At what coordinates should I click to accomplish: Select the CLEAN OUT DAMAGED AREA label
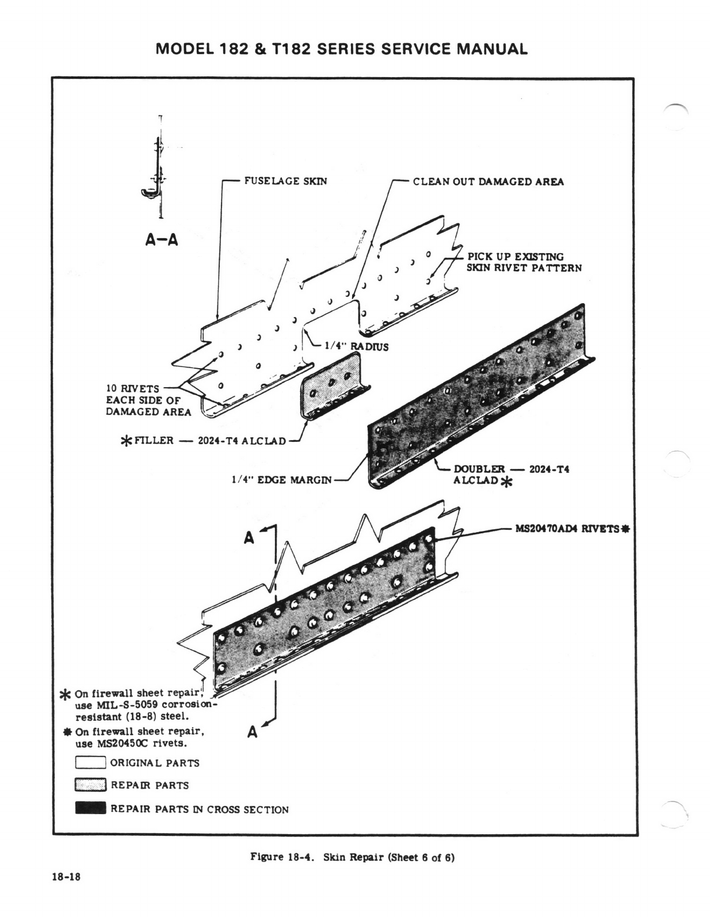tap(488, 182)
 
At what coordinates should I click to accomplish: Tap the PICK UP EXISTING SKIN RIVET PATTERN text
tap(524, 262)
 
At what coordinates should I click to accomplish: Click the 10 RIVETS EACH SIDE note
tap(148, 400)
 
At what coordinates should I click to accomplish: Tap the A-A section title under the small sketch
tap(161, 240)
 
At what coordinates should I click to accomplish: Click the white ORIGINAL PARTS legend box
tap(90, 762)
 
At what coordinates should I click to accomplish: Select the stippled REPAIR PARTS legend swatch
tap(90, 785)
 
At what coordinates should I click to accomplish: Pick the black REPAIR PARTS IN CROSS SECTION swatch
tap(90, 808)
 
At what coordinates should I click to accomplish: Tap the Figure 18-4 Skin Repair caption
tap(352, 857)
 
